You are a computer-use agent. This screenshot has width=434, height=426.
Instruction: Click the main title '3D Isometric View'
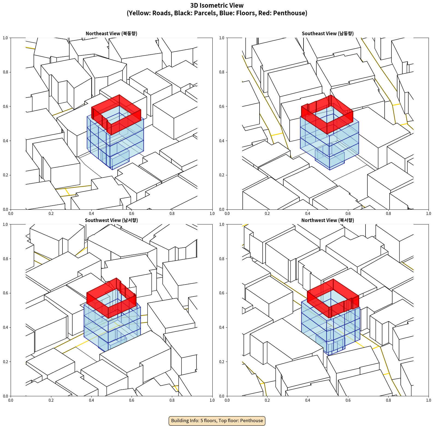pos(217,5)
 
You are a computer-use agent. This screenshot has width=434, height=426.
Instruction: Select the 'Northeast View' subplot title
pos(111,33)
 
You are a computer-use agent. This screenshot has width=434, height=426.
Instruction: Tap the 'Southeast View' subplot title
pos(328,33)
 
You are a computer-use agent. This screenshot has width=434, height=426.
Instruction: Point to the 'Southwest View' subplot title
pos(111,220)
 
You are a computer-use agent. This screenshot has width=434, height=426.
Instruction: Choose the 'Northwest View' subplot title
pos(328,220)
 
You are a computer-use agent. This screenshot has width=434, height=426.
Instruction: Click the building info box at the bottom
pos(217,421)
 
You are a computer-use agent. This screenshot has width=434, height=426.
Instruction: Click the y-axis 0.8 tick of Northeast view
pos(5,72)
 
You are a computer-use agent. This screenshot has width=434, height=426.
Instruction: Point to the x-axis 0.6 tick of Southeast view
pos(348,214)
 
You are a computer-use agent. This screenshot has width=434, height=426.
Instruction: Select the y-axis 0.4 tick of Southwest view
pos(5,327)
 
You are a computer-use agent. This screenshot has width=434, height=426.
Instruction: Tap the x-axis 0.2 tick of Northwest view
pos(267,400)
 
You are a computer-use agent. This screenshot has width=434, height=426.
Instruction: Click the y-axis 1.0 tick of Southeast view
pos(222,38)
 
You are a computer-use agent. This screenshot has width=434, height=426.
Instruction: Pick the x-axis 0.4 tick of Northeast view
pos(91,214)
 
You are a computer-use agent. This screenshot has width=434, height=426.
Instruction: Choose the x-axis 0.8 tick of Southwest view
pos(172,400)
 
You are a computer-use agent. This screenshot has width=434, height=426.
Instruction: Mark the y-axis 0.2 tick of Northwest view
pos(222,362)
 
